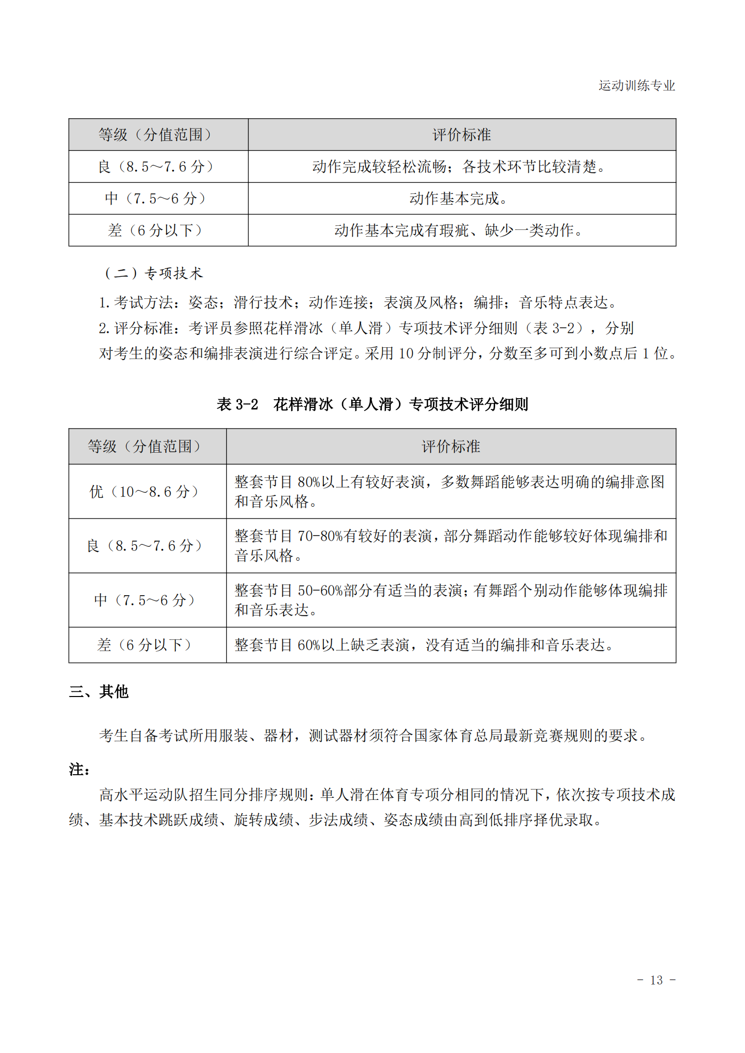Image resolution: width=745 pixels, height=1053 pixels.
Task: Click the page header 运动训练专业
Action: click(x=636, y=85)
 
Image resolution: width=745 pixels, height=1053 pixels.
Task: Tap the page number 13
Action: click(x=656, y=980)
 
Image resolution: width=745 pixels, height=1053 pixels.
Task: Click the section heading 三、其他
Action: click(x=99, y=691)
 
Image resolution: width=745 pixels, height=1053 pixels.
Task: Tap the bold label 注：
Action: click(x=80, y=770)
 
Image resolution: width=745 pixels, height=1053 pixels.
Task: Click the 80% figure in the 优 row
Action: click(x=308, y=482)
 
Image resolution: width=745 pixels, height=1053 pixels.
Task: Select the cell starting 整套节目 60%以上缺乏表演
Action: click(x=425, y=645)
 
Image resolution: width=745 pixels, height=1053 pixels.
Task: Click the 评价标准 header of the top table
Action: click(x=461, y=135)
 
